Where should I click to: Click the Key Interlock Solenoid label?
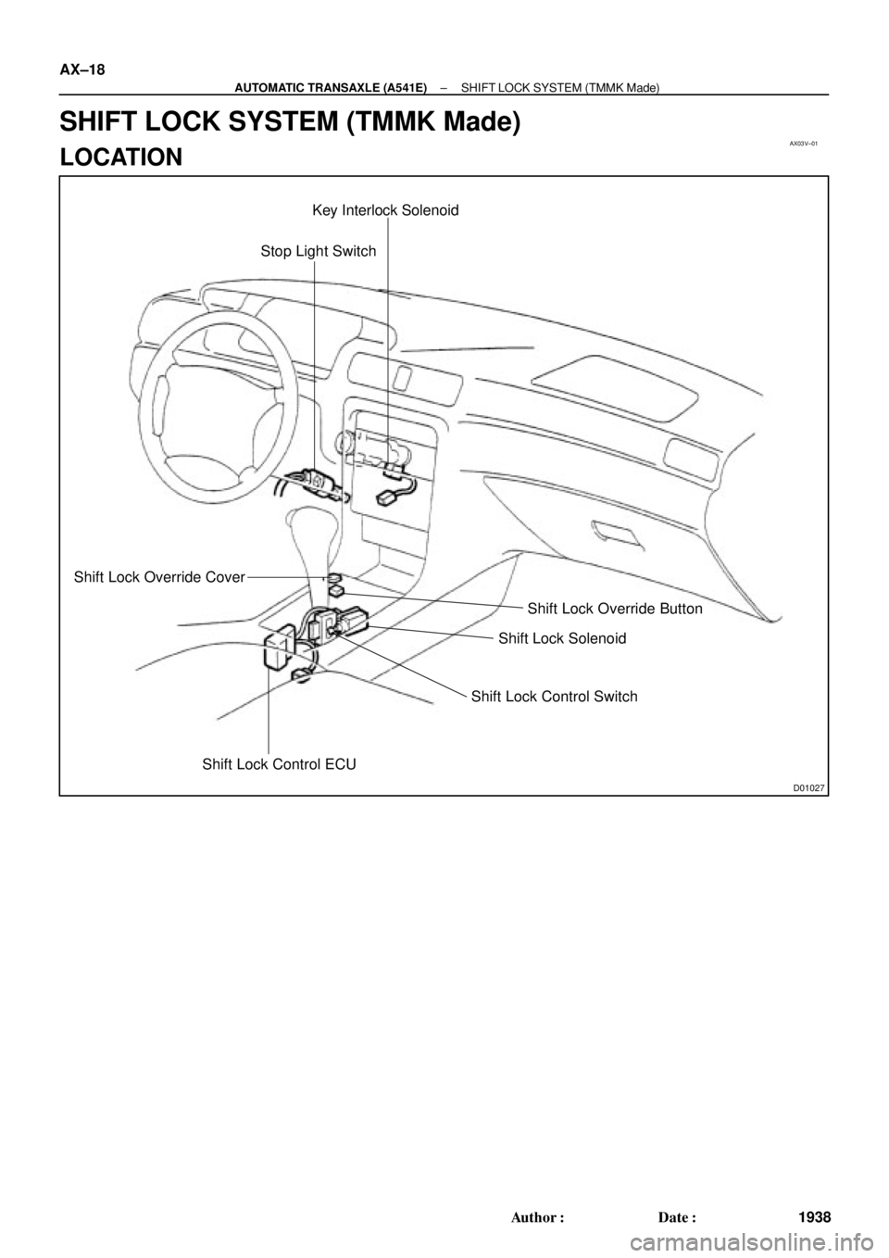pyautogui.click(x=385, y=211)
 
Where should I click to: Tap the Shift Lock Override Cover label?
pyautogui.click(x=158, y=577)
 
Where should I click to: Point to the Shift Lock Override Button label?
pyautogui.click(x=614, y=609)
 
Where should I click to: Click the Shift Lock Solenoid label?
pyautogui.click(x=562, y=638)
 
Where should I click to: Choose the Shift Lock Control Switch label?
pyautogui.click(x=554, y=696)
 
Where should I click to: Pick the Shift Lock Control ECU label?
pyautogui.click(x=280, y=764)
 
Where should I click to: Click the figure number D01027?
pyautogui.click(x=808, y=787)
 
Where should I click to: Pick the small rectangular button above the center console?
pyautogui.click(x=402, y=376)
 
